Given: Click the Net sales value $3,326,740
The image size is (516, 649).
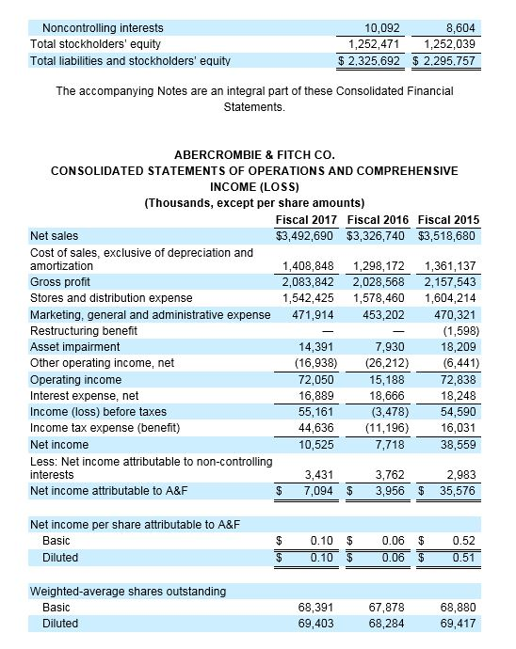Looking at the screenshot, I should (379, 235).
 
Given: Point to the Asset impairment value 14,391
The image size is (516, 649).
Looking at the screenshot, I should (315, 346).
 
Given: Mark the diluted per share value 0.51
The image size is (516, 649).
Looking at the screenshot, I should (462, 558).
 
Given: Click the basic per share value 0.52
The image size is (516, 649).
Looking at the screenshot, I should (462, 542).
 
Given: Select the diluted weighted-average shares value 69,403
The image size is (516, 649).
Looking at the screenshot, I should (315, 623).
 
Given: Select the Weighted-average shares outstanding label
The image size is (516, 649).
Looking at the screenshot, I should (128, 591).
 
